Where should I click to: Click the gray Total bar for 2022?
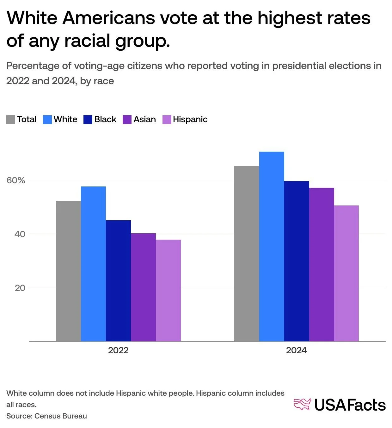tap(68, 271)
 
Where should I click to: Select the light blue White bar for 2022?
tap(93, 264)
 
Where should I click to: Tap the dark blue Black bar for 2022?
tap(118, 280)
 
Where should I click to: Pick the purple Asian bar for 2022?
tap(143, 287)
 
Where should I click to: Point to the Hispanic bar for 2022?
tap(168, 290)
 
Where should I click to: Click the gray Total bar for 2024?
tap(247, 254)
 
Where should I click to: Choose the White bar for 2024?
tap(272, 246)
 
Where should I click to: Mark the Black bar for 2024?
tap(297, 261)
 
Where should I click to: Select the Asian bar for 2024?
tap(322, 264)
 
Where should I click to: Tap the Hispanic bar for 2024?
tap(346, 273)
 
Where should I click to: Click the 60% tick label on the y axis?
tap(16, 180)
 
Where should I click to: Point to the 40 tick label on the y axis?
tap(20, 234)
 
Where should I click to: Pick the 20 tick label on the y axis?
tap(20, 288)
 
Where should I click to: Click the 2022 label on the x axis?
tap(118, 350)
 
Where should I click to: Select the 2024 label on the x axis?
tap(296, 350)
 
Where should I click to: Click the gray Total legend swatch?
tap(11, 120)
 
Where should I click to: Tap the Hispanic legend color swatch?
tap(167, 120)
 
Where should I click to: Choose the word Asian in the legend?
tap(144, 119)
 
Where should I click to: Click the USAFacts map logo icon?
tap(302, 405)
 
